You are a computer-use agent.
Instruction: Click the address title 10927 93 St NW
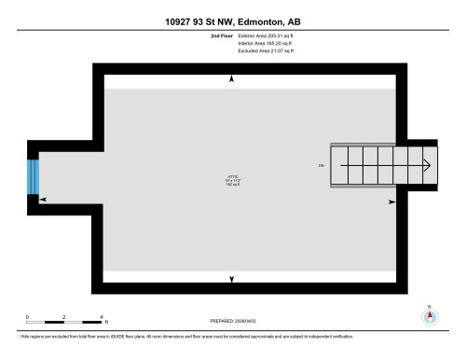[x=232, y=21]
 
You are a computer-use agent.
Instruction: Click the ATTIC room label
[x=232, y=175]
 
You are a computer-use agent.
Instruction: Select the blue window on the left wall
[x=34, y=176]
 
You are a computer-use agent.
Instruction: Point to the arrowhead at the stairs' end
[x=426, y=167]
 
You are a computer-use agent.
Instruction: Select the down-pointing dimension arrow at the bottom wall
[x=232, y=278]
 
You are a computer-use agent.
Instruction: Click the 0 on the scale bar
[x=28, y=316]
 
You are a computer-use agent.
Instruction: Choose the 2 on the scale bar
[x=63, y=316]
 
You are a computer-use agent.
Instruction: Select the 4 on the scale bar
[x=100, y=316]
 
